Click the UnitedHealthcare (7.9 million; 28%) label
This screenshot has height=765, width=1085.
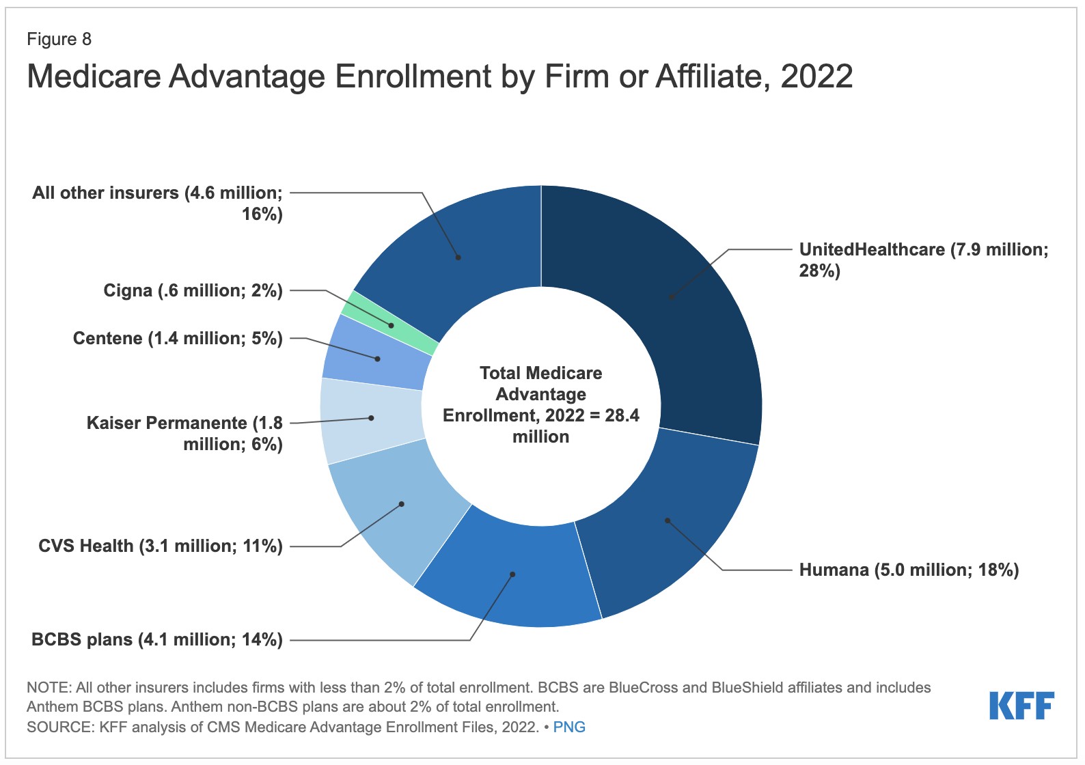[x=923, y=260]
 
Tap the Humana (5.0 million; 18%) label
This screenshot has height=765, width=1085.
[x=909, y=570]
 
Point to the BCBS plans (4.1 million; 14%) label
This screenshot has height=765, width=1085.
[x=157, y=640]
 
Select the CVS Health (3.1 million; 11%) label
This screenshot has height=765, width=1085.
[x=161, y=546]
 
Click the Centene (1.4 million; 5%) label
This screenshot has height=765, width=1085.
[x=178, y=339]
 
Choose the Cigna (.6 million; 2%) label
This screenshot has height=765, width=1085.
[x=193, y=291]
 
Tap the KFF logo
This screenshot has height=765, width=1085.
[x=1021, y=706]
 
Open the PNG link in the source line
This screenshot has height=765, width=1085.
[x=569, y=727]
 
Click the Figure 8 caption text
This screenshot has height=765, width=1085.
[x=59, y=39]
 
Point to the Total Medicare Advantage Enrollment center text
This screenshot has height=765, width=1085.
[x=541, y=404]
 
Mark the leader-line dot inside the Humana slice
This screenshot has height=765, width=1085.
[x=668, y=521]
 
